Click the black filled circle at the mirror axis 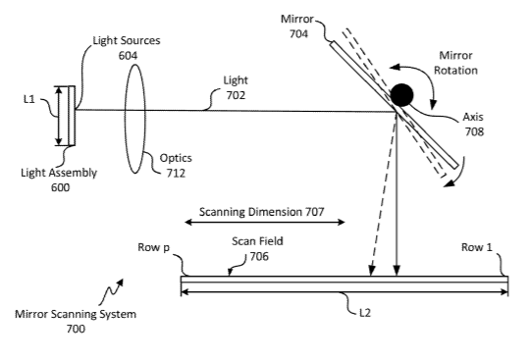pyautogui.click(x=401, y=95)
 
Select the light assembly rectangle pyautogui.click(x=72, y=116)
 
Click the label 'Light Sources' pyautogui.click(x=127, y=40)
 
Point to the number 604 pyautogui.click(x=128, y=55)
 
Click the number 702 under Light pyautogui.click(x=236, y=95)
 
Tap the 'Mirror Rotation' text pyautogui.click(x=455, y=63)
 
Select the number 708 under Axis pyautogui.click(x=474, y=131)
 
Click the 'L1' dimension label pyautogui.click(x=29, y=99)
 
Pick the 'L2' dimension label pyautogui.click(x=365, y=313)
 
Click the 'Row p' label pyautogui.click(x=154, y=247)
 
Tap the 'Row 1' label pyautogui.click(x=477, y=247)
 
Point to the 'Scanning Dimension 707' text pyautogui.click(x=262, y=212)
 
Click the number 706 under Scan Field pyautogui.click(x=259, y=257)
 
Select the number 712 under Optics pyautogui.click(x=176, y=173)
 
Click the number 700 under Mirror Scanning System pyautogui.click(x=76, y=329)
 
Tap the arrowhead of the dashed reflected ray pyautogui.click(x=372, y=271)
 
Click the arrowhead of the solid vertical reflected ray pyautogui.click(x=397, y=271)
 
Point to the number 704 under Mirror pyautogui.click(x=298, y=33)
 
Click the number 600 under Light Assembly pyautogui.click(x=61, y=187)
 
